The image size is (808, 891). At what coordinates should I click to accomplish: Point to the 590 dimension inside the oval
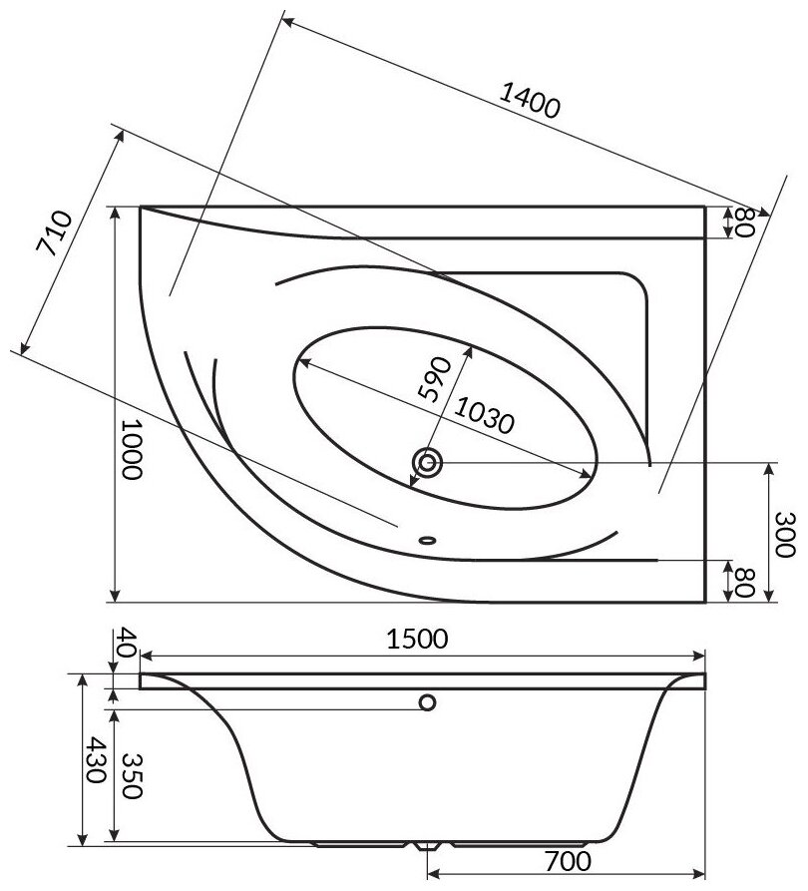pyautogui.click(x=435, y=377)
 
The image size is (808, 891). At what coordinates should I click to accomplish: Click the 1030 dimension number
pyautogui.click(x=484, y=413)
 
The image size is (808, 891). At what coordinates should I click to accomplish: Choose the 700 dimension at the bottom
pyautogui.click(x=566, y=860)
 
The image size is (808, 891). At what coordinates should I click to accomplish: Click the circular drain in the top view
pyautogui.click(x=429, y=462)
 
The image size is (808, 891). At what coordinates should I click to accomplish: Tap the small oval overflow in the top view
pyautogui.click(x=428, y=540)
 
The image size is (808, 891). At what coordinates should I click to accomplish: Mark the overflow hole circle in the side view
pyautogui.click(x=429, y=702)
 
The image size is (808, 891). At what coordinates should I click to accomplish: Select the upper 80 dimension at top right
pyautogui.click(x=741, y=223)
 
